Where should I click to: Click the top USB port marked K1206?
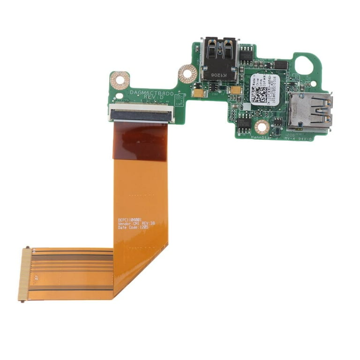pyautogui.click(x=219, y=59)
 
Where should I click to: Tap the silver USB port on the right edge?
pyautogui.click(x=309, y=111)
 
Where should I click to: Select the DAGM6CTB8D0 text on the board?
pyautogui.click(x=151, y=93)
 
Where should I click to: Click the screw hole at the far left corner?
pyautogui.click(x=120, y=80)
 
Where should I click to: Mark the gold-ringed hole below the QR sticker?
pyautogui.click(x=262, y=126)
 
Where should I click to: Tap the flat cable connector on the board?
pyautogui.click(x=142, y=113)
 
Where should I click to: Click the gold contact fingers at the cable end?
pyautogui.click(x=24, y=274)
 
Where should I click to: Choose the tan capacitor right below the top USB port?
pyautogui.click(x=235, y=90)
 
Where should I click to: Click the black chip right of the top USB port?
pyautogui.click(x=247, y=57)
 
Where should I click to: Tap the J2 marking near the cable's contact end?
pyautogui.click(x=35, y=277)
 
